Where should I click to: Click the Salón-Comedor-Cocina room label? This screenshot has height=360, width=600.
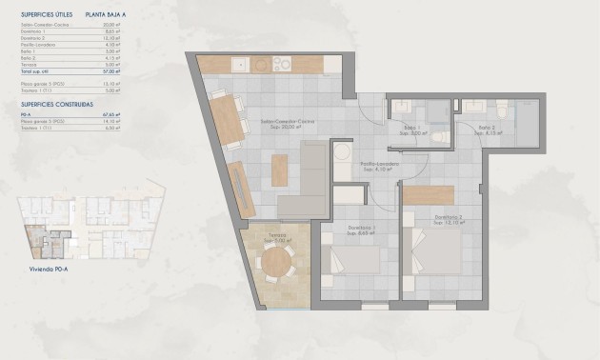(288, 123)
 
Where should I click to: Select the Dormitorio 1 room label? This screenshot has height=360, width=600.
(361, 226)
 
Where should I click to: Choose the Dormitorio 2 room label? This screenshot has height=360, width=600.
(449, 218)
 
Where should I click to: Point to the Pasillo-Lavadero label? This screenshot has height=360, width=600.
(379, 165)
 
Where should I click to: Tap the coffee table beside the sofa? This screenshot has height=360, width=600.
(279, 170)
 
